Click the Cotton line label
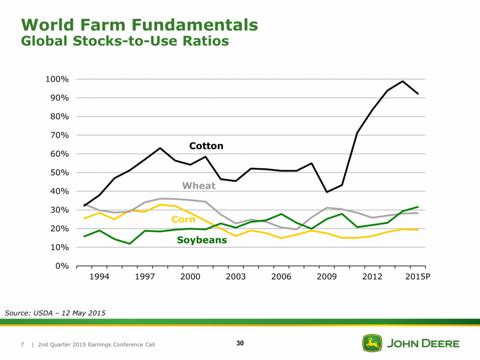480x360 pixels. tap(206, 146)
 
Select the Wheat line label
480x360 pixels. tap(198, 185)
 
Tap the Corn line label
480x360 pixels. tap(183, 220)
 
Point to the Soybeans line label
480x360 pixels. tap(202, 240)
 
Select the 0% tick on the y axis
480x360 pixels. tap(65, 266)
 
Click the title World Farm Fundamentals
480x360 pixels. tap(139, 25)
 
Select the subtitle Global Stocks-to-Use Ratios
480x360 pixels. tap(125, 42)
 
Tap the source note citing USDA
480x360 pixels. tap(56, 313)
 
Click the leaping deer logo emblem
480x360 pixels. tap(371, 343)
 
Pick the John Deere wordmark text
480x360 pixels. tap(422, 344)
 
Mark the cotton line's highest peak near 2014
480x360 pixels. tap(403, 81)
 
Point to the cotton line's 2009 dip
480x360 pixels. tap(327, 192)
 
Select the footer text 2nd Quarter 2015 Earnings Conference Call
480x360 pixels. tap(96, 345)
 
